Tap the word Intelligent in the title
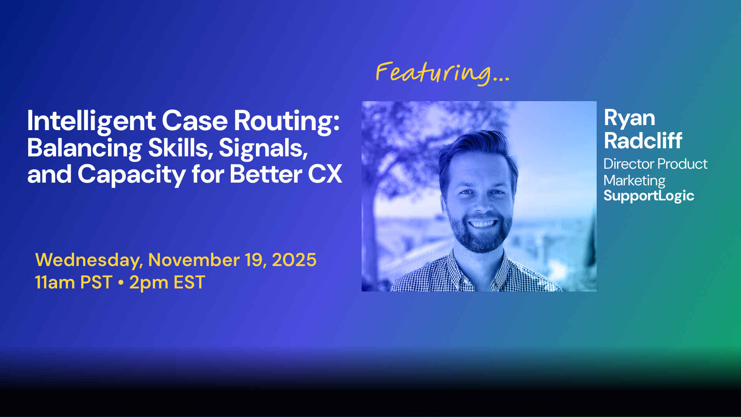(x=91, y=121)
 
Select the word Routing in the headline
(x=286, y=121)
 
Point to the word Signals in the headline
(x=263, y=148)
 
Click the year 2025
(x=294, y=260)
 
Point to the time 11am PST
(x=73, y=283)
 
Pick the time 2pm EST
(x=167, y=283)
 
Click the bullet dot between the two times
(x=121, y=283)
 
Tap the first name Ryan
(x=629, y=119)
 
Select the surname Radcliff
(x=643, y=140)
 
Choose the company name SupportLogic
(x=649, y=196)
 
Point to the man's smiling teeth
(x=482, y=224)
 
